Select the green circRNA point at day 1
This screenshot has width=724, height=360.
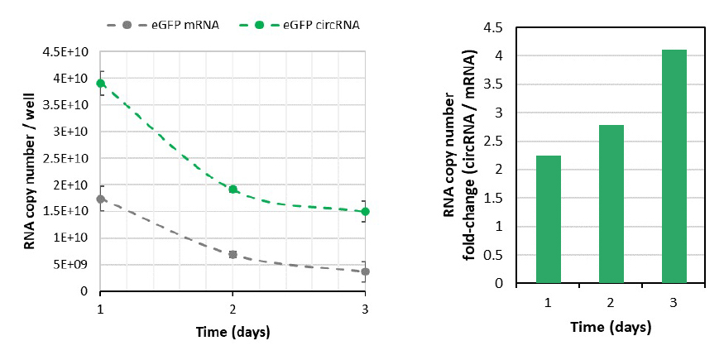(101, 83)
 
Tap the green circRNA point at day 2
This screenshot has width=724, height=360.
(233, 190)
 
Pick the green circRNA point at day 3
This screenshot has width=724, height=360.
(365, 211)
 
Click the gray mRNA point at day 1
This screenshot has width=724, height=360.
(101, 199)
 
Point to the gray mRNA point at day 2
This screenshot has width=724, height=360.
(233, 254)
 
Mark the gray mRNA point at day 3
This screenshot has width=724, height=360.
(365, 271)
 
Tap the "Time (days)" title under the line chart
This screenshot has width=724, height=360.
(233, 332)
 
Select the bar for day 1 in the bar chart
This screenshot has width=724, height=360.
(548, 219)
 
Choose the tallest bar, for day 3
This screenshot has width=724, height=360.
(674, 166)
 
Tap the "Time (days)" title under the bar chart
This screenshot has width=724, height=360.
(611, 327)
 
